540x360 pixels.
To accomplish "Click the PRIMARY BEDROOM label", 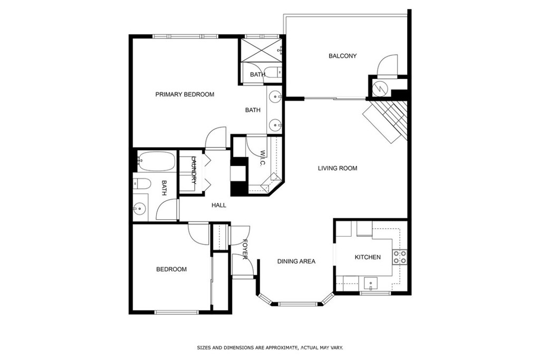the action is click(x=185, y=94).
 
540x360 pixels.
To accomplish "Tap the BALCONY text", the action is click(x=342, y=56).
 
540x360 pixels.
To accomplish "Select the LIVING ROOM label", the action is click(x=337, y=168).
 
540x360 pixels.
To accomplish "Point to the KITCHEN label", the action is click(x=368, y=257).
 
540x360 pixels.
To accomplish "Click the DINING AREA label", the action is click(x=296, y=261).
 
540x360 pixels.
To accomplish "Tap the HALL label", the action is click(x=219, y=206).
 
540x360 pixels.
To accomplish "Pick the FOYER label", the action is click(x=245, y=249).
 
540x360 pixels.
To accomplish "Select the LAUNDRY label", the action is click(x=194, y=170).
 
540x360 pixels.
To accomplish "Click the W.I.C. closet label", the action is click(x=263, y=158).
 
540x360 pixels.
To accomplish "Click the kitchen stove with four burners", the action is click(x=400, y=257).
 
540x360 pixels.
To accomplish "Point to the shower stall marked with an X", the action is click(x=262, y=50).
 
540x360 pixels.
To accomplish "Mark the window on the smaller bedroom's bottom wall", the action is click(x=177, y=313).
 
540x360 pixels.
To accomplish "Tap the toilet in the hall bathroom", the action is click(x=142, y=184).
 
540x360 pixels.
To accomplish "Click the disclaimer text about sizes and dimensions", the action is click(x=270, y=348).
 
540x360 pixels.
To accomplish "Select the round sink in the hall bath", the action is click(x=140, y=208).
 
